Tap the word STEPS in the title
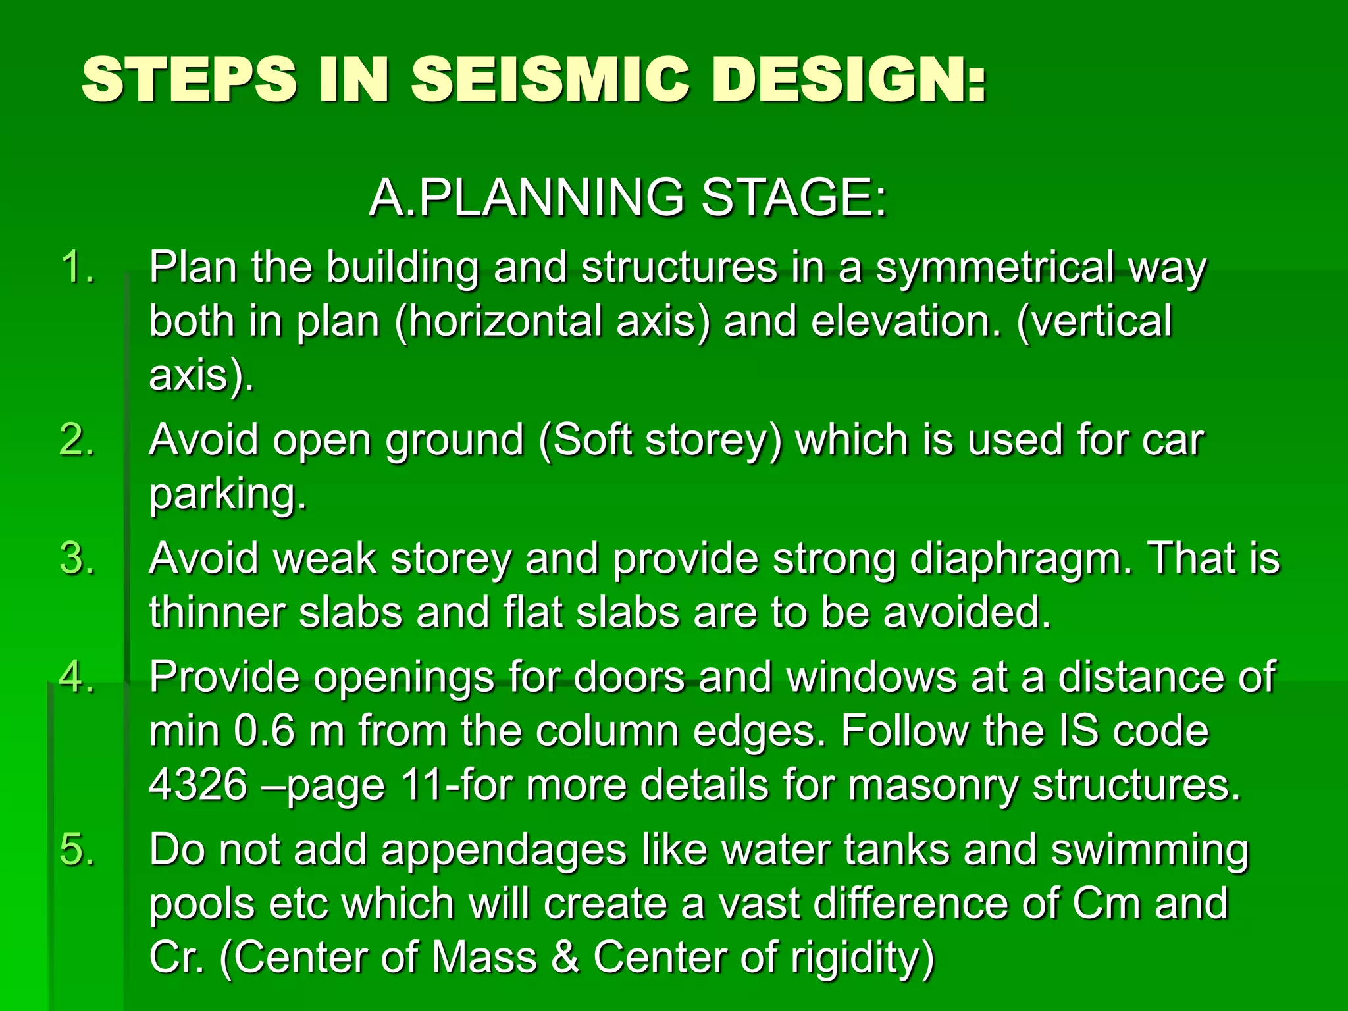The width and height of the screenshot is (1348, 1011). coord(189,80)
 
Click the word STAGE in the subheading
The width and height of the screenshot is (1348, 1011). coord(793,197)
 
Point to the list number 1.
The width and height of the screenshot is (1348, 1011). coord(78,268)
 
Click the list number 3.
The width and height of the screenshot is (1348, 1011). coord(78,559)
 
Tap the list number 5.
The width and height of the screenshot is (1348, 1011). coord(78,849)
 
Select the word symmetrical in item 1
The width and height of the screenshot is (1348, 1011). coord(995,268)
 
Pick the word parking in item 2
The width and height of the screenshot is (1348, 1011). coord(228,494)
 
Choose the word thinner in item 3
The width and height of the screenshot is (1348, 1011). coord(217,613)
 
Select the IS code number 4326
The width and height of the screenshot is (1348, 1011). coord(198,785)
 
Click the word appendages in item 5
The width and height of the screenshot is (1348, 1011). coord(504,850)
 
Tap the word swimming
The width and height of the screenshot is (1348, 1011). coord(1149,850)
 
